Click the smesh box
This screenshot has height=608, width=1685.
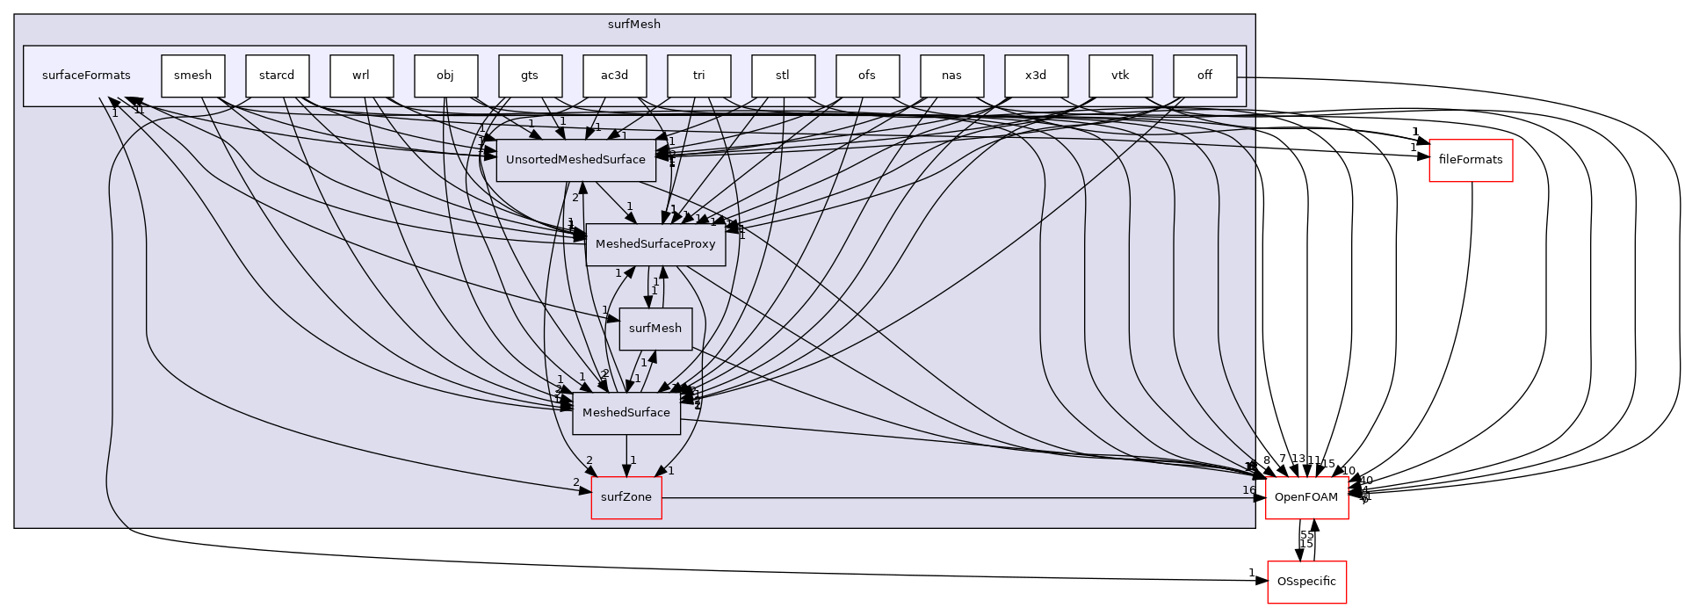point(192,76)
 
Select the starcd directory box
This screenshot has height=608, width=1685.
point(277,76)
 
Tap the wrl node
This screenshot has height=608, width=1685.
point(361,76)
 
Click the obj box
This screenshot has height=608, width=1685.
point(445,76)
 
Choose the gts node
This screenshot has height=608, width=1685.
point(530,76)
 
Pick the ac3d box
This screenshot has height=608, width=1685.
point(614,76)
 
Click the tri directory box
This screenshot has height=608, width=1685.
point(698,76)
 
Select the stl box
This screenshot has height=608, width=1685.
point(783,76)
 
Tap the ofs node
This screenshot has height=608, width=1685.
point(867,76)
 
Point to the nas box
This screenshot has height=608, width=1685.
point(951,76)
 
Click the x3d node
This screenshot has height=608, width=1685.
point(1036,76)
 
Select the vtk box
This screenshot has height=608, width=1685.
point(1120,76)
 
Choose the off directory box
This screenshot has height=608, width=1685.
point(1204,76)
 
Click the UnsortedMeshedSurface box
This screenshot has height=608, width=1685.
point(575,160)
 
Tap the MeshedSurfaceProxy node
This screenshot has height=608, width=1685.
point(655,244)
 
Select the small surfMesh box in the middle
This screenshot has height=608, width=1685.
point(655,329)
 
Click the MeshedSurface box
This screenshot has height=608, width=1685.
point(626,413)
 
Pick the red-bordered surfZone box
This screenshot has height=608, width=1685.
point(626,497)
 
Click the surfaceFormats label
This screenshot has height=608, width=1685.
point(86,76)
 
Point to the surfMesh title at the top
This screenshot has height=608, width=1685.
point(633,25)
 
